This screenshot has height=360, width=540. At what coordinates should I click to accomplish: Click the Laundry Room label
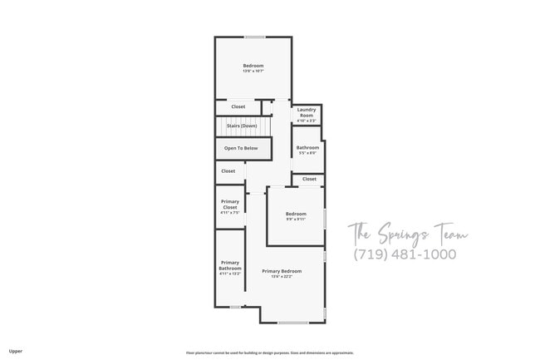click(307, 112)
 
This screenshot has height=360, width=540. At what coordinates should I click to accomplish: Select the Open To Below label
click(241, 149)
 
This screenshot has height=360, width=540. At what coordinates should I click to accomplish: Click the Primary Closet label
click(229, 205)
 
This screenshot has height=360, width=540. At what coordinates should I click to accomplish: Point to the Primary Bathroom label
click(230, 266)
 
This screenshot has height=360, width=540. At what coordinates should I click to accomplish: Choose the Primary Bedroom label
click(282, 272)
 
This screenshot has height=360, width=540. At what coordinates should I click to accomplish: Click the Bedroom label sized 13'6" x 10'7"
click(253, 66)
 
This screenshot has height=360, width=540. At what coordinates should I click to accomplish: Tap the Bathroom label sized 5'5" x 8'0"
click(307, 148)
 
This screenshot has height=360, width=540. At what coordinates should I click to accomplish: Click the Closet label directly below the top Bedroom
click(238, 107)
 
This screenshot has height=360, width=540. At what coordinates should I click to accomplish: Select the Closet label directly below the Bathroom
click(309, 179)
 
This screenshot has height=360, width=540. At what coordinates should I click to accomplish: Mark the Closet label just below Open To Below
click(228, 171)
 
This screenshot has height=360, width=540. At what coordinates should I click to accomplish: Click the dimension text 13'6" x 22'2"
click(282, 277)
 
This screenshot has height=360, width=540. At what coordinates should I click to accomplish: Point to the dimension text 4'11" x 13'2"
click(230, 274)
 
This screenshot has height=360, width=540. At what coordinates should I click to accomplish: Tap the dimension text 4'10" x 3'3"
click(307, 121)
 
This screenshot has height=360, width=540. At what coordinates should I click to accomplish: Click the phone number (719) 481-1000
click(404, 254)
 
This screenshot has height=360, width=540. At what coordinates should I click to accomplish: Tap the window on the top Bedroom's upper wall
click(254, 37)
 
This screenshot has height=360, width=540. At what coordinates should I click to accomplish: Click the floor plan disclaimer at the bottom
click(269, 352)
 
